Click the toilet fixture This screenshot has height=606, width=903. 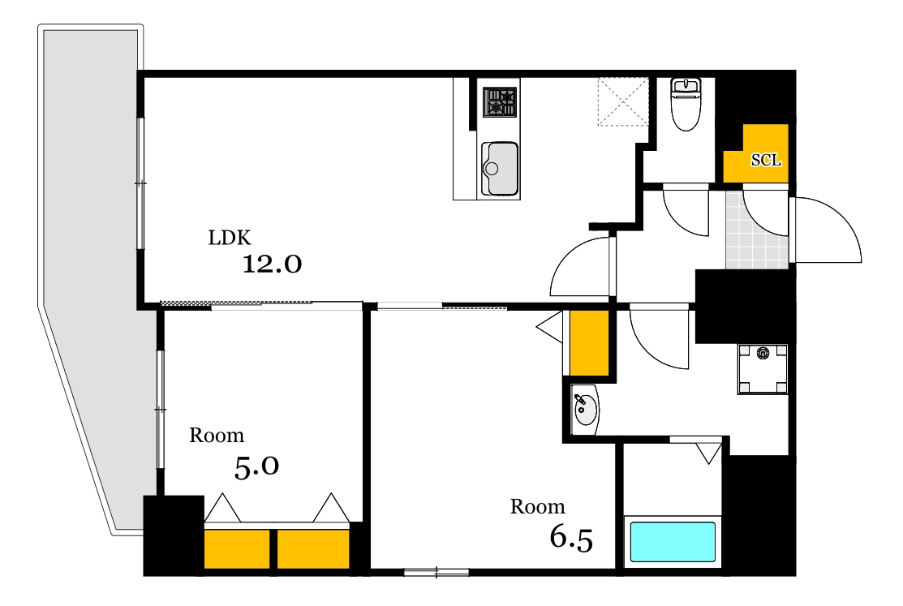pyautogui.click(x=686, y=105)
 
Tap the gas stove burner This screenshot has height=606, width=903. pyautogui.click(x=500, y=102)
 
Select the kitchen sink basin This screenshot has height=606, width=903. pyautogui.click(x=500, y=169)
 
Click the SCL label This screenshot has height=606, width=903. pyautogui.click(x=766, y=160)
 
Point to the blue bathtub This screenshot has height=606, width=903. pyautogui.click(x=673, y=541)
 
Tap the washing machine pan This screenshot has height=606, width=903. pyautogui.click(x=763, y=368)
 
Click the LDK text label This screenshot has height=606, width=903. pyautogui.click(x=230, y=238)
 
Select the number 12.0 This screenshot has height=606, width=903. pyautogui.click(x=272, y=264)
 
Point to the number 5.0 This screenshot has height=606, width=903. pyautogui.click(x=257, y=466)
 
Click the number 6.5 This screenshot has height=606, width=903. pyautogui.click(x=571, y=539)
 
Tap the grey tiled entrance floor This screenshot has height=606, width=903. pyautogui.click(x=757, y=230)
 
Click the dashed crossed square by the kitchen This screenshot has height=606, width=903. pyautogui.click(x=623, y=101)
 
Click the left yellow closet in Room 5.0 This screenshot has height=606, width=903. pyautogui.click(x=237, y=549)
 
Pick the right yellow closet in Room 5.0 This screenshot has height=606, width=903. pyautogui.click(x=313, y=549)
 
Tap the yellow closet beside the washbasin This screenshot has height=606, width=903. pyautogui.click(x=589, y=343)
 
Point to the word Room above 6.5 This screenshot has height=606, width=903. pyautogui.click(x=537, y=506)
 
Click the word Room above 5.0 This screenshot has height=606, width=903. pyautogui.click(x=217, y=435)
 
